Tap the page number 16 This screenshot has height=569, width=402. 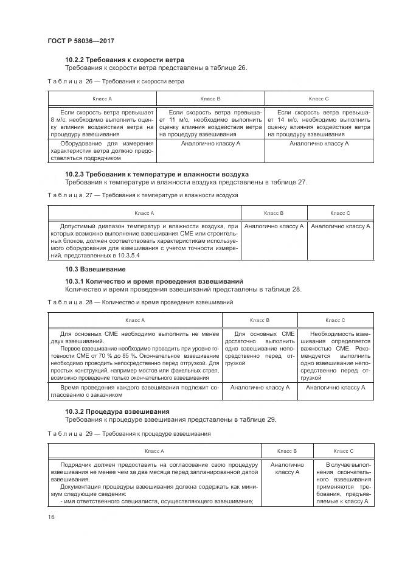click(50, 517)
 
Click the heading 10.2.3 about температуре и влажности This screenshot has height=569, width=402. click(156, 174)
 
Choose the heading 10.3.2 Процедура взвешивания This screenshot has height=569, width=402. click(117, 411)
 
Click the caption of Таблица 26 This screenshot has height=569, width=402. click(116, 81)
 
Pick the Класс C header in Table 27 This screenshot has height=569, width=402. click(340, 213)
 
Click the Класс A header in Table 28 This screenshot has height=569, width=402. click(134, 320)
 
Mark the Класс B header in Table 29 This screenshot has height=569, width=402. click(286, 451)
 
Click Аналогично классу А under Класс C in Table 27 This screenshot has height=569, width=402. click(341, 226)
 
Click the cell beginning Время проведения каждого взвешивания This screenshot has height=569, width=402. click(134, 391)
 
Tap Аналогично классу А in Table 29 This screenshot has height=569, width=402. click(286, 469)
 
